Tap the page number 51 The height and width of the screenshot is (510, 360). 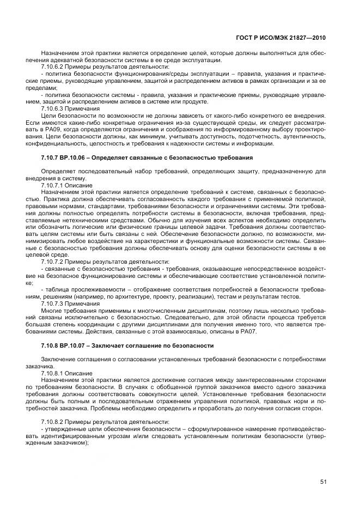(x=322, y=481)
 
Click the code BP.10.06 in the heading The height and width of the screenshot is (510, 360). (x=73, y=158)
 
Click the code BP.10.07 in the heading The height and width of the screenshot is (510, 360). (x=73, y=346)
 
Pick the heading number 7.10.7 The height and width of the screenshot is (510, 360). (x=50, y=158)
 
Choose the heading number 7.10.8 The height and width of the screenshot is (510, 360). (x=50, y=346)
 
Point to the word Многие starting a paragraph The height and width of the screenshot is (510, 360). (x=52, y=311)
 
